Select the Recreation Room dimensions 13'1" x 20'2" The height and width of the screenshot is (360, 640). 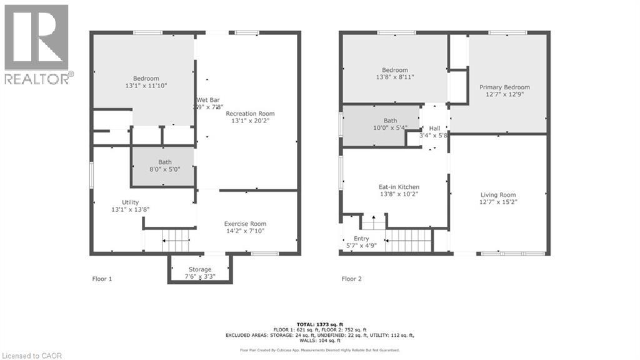pyautogui.click(x=253, y=121)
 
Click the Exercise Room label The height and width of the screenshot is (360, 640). pyautogui.click(x=245, y=224)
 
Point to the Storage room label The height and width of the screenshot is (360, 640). pyautogui.click(x=200, y=269)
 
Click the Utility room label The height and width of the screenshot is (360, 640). pyautogui.click(x=130, y=202)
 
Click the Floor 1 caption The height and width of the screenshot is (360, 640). pyautogui.click(x=101, y=279)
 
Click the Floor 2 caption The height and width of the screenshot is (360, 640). pyautogui.click(x=352, y=279)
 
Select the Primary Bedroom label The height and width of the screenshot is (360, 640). pyautogui.click(x=504, y=87)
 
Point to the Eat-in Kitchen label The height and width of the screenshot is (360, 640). pyautogui.click(x=399, y=187)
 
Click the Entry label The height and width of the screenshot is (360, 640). pyautogui.click(x=361, y=239)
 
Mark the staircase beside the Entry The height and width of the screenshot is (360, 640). pyautogui.click(x=407, y=240)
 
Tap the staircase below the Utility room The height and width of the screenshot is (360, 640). pyautogui.click(x=176, y=240)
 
